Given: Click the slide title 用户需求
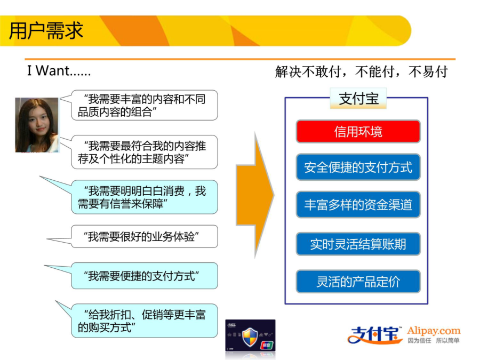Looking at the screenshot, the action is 46,30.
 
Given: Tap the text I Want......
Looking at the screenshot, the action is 49,71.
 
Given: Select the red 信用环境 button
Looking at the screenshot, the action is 358,132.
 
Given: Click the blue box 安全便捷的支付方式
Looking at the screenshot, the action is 358,167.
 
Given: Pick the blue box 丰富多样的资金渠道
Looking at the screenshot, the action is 358,205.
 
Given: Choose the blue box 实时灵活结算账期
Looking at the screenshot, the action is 358,244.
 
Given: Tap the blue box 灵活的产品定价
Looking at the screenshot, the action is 358,282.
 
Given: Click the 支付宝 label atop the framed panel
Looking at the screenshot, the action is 358,98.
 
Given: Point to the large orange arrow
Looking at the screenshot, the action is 255,195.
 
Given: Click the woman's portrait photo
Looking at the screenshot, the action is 37,125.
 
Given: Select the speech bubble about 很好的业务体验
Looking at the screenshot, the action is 144,236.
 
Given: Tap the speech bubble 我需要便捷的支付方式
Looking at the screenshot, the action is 144,276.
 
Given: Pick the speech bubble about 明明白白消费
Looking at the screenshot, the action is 144,197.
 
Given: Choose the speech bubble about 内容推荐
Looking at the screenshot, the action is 144,152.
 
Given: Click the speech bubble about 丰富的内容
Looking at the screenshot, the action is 144,105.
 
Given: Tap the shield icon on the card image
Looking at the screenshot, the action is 250,337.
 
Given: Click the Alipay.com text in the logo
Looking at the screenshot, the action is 434,331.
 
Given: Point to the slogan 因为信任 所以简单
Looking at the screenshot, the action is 434,340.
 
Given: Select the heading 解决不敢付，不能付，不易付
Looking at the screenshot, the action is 361,72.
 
